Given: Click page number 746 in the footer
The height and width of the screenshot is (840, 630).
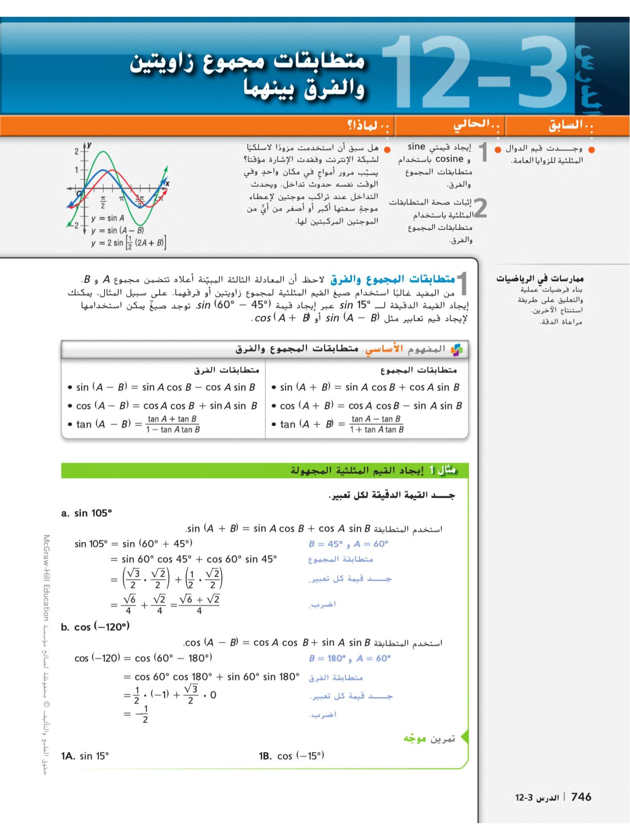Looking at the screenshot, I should point(581,797).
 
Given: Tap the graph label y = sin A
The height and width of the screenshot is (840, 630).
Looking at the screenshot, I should point(108,218).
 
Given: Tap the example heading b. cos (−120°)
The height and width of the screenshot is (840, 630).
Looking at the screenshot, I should point(95,627).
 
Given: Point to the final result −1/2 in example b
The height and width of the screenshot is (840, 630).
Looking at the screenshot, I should point(142,714).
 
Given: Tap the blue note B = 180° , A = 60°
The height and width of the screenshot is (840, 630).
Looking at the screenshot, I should point(349,658).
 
